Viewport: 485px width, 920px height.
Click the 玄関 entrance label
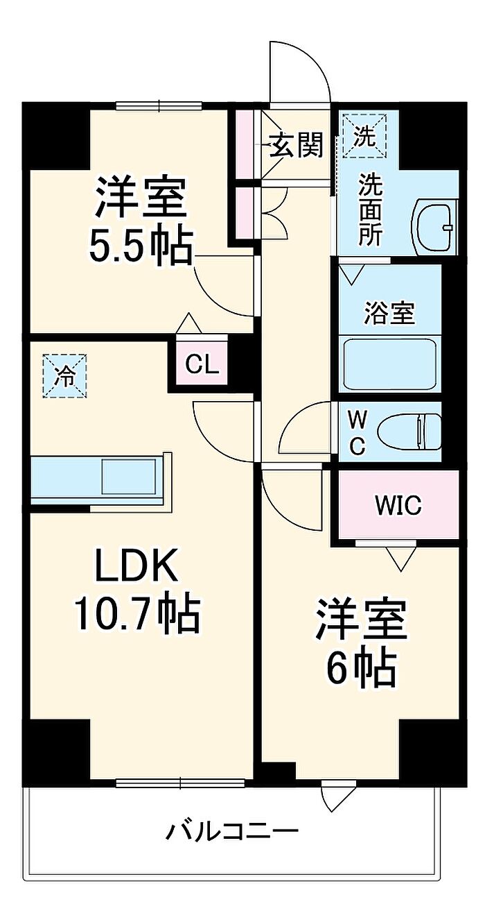click(297, 146)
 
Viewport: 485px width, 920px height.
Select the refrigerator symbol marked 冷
click(65, 376)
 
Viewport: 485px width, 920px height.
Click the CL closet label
click(202, 364)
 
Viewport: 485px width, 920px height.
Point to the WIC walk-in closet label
click(398, 506)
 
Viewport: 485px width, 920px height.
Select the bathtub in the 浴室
click(391, 364)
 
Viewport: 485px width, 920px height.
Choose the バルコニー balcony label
click(232, 830)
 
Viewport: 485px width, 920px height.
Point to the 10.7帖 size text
click(137, 614)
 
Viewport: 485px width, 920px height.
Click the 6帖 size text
click(361, 667)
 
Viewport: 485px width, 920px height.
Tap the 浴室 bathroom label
click(390, 314)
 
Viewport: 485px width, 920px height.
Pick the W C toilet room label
click(357, 432)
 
